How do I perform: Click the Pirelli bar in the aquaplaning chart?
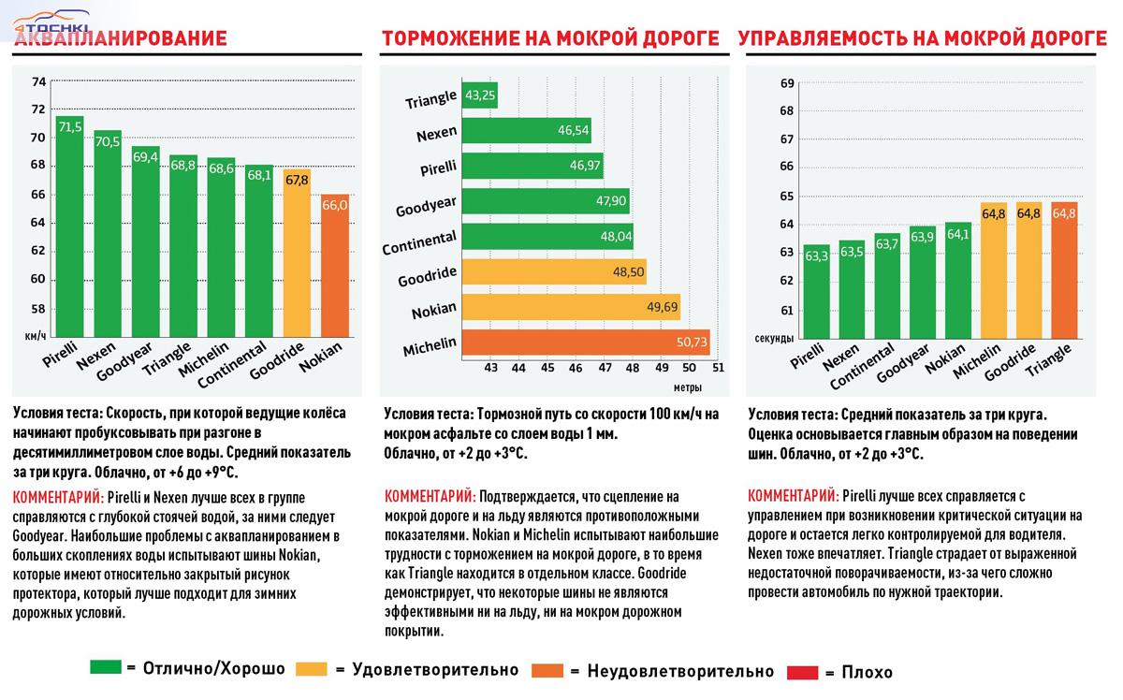[x=70, y=225]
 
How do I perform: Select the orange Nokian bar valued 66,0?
[x=336, y=267]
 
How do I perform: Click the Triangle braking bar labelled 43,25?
[x=479, y=95]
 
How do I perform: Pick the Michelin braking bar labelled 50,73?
[x=586, y=343]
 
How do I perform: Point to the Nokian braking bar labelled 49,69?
[x=572, y=307]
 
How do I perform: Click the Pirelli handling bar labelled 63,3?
[x=816, y=290]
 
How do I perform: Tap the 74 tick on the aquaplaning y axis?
[x=38, y=82]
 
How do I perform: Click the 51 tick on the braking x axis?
[x=718, y=368]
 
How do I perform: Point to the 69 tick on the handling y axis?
[x=787, y=84]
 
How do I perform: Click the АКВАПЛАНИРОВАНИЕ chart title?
[x=121, y=39]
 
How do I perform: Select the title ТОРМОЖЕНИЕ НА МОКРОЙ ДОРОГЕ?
[x=549, y=39]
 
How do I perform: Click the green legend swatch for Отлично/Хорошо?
[x=105, y=668]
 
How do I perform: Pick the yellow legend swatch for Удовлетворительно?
[x=311, y=669]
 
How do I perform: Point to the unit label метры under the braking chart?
[x=689, y=386]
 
